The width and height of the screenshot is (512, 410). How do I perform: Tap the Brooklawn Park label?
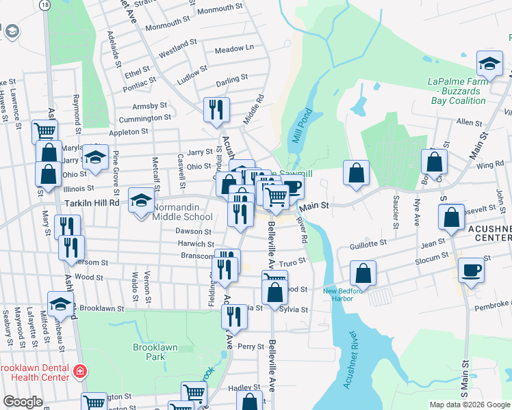point(155,352)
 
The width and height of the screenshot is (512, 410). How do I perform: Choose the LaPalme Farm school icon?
point(489,65)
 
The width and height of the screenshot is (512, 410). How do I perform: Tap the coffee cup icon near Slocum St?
point(470,269)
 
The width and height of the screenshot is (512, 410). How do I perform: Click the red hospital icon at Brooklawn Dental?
point(80,372)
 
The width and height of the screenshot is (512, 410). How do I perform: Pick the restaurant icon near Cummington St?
point(216,109)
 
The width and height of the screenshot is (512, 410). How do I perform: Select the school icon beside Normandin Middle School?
point(142,200)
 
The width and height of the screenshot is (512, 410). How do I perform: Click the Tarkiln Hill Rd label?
point(92,203)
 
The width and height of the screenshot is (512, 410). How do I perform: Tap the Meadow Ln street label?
point(234,49)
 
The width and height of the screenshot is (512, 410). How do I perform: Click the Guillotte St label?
point(368,242)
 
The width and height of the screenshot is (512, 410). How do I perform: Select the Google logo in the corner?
point(23,402)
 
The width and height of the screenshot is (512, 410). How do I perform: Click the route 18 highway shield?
point(44,5)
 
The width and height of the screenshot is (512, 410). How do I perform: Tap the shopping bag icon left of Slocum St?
point(363,273)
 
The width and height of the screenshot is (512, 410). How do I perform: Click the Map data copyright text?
point(470,405)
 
